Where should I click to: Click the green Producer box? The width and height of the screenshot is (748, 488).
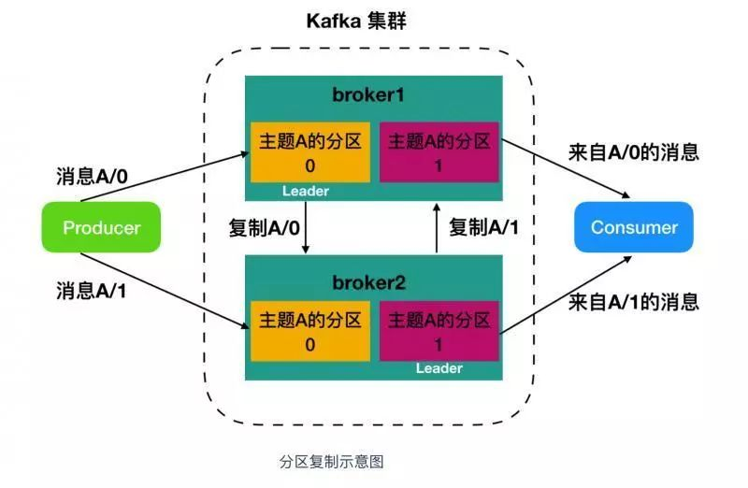point(102,227)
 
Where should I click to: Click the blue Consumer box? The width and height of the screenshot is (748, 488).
point(634,227)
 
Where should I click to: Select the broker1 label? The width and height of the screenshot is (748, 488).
point(372,95)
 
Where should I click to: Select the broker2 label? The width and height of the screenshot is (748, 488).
point(372,281)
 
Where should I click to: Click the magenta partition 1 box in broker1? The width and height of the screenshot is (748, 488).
point(439,152)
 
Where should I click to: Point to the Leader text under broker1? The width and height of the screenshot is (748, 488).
point(306,191)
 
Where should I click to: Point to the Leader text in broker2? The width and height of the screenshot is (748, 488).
point(439,367)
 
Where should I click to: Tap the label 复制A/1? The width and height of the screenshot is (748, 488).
point(482,227)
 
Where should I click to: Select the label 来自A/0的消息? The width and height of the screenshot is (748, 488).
point(633,152)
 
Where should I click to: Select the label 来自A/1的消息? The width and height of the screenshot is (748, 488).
point(633,302)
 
